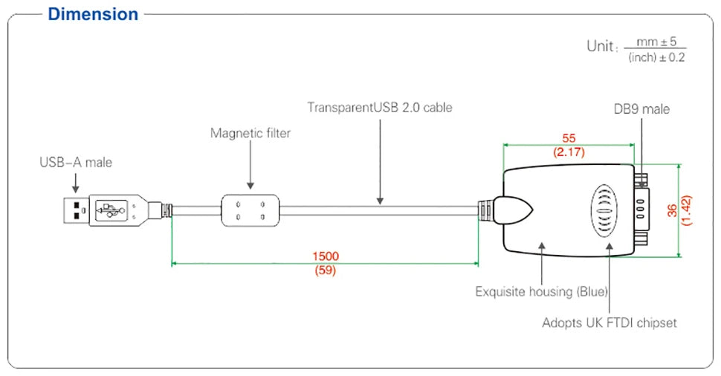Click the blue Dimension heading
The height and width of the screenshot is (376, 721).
click(x=93, y=14)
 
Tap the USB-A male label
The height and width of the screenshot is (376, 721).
click(x=76, y=162)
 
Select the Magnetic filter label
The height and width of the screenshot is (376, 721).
click(x=250, y=133)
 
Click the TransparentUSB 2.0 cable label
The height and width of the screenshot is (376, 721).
click(x=380, y=108)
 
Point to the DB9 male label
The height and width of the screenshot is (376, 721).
click(x=641, y=109)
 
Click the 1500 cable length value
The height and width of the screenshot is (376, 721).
click(x=326, y=256)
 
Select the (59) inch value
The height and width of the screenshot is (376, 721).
click(x=326, y=270)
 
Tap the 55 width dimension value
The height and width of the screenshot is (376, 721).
click(x=569, y=138)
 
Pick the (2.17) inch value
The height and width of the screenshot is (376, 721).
click(x=569, y=152)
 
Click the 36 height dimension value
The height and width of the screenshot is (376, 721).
click(x=672, y=210)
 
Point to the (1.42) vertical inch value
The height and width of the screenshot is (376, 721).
click(x=687, y=210)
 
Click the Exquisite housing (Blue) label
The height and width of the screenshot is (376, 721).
click(x=542, y=292)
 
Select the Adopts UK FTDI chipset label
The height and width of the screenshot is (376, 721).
click(x=610, y=322)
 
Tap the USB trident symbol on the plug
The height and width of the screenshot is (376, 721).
click(x=110, y=210)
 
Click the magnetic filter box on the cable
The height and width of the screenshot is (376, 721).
click(x=250, y=210)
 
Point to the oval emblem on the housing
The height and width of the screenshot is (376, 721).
click(x=604, y=211)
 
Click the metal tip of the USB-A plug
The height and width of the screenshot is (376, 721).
click(x=76, y=210)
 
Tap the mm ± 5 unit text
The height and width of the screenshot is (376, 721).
click(x=656, y=42)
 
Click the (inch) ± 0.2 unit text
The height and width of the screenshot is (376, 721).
click(x=656, y=57)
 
